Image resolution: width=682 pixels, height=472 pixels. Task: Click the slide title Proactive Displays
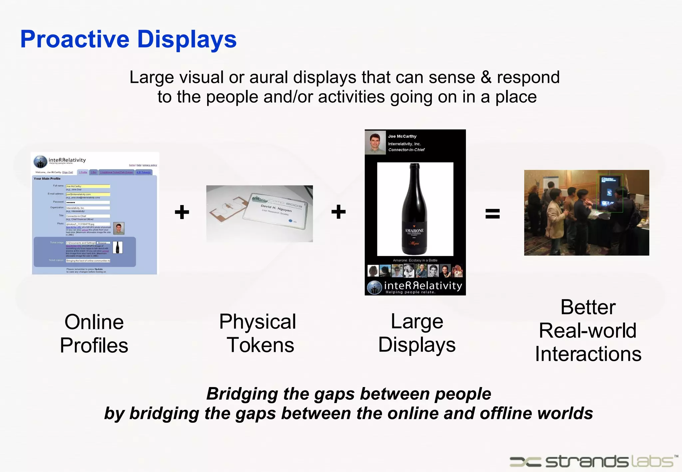click(128, 39)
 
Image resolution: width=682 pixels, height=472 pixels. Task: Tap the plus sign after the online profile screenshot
click(182, 212)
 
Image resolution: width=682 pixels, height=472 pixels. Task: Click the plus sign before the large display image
click(338, 212)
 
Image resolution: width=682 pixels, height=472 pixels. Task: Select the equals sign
click(492, 213)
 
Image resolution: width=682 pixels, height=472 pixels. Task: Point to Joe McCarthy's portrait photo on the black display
click(375, 142)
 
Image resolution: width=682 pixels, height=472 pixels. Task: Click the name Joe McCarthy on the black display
click(402, 136)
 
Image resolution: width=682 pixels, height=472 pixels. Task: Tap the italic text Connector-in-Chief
click(406, 150)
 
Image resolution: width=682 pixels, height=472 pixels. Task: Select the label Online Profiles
click(94, 334)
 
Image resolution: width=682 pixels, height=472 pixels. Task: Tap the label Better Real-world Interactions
click(588, 331)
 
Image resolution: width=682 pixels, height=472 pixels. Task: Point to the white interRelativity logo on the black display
click(415, 287)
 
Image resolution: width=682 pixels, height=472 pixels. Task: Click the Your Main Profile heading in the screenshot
click(47, 179)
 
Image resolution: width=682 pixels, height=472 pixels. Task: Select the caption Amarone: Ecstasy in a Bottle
click(415, 260)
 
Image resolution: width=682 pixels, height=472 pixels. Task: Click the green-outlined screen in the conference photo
click(609, 193)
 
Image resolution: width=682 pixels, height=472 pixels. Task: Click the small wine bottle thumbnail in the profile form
click(118, 247)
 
